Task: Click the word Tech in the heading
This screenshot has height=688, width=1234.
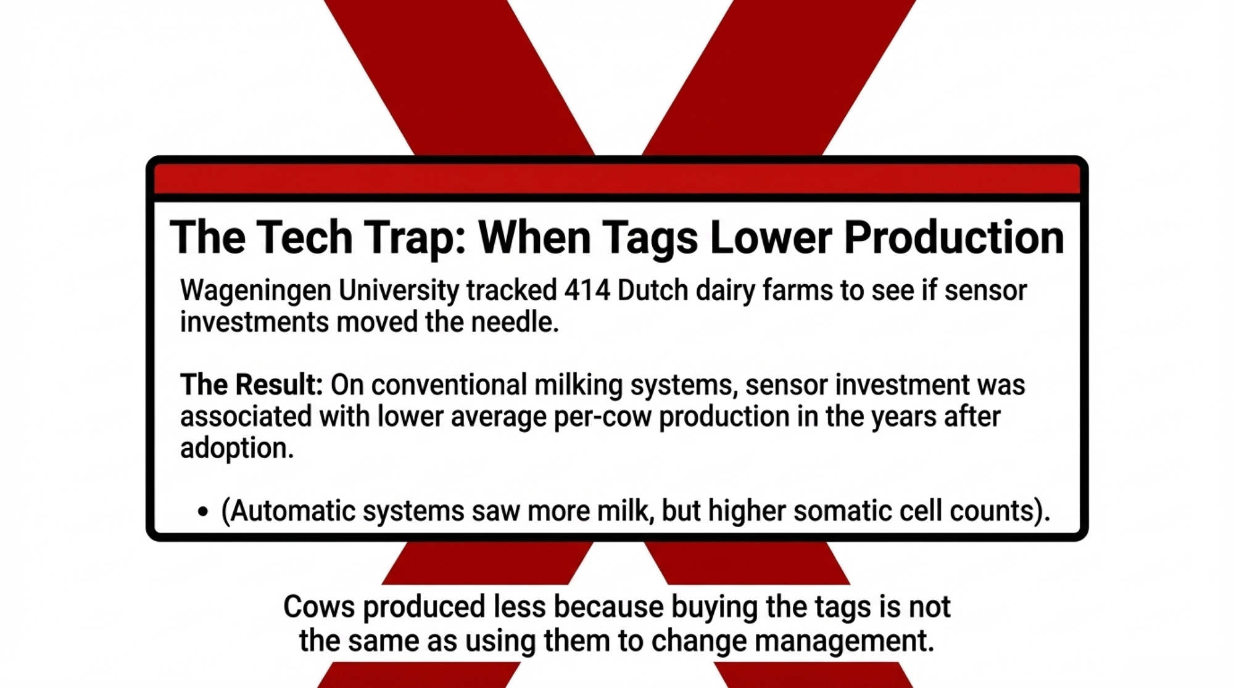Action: (304, 237)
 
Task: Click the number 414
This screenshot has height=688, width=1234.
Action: (587, 290)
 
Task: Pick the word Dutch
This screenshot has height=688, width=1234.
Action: (652, 290)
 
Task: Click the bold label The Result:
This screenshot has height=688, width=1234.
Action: (252, 385)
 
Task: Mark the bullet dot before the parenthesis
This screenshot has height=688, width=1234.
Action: (203, 512)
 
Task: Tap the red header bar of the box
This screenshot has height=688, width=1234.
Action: (617, 179)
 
